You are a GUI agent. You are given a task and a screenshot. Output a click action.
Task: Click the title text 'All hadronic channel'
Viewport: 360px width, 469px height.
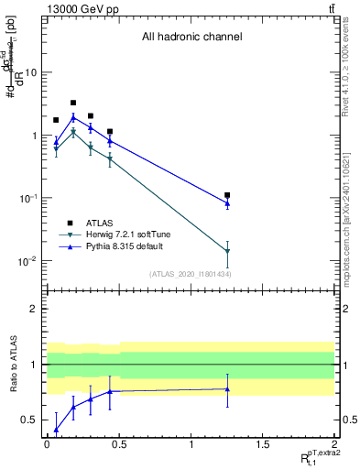[x=191, y=38]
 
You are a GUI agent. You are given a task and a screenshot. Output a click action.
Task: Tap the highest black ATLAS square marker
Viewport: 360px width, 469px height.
[x=73, y=104]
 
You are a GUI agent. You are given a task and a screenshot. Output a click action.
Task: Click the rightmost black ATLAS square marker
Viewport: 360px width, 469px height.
[x=227, y=195]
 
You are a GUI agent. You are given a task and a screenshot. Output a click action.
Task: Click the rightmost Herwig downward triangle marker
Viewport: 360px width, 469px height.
[x=227, y=251]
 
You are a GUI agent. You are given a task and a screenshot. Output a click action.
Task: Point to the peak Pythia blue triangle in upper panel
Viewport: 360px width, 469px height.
[x=73, y=117]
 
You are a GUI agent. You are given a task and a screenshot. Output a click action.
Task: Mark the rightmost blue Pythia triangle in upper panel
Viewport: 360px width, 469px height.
[x=227, y=202]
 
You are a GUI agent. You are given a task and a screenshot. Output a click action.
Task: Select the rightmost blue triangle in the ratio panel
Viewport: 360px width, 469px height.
[x=227, y=389]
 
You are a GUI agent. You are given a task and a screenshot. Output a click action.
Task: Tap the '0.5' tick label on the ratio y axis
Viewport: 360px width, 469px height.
[x=31, y=420]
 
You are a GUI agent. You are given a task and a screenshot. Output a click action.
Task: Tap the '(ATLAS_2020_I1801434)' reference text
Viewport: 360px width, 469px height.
[x=191, y=274]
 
